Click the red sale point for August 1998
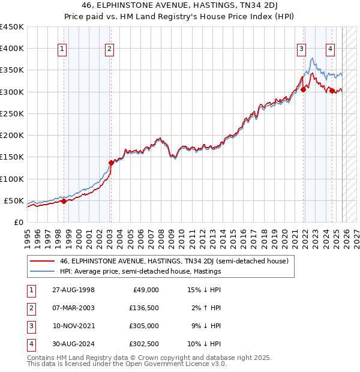coord(64,201)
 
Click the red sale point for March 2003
coord(111,163)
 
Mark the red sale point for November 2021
coord(303,89)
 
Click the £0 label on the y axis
coord(18,222)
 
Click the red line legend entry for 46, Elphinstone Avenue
coord(174,261)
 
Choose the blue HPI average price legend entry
coord(140,271)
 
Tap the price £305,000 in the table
coord(144,326)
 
